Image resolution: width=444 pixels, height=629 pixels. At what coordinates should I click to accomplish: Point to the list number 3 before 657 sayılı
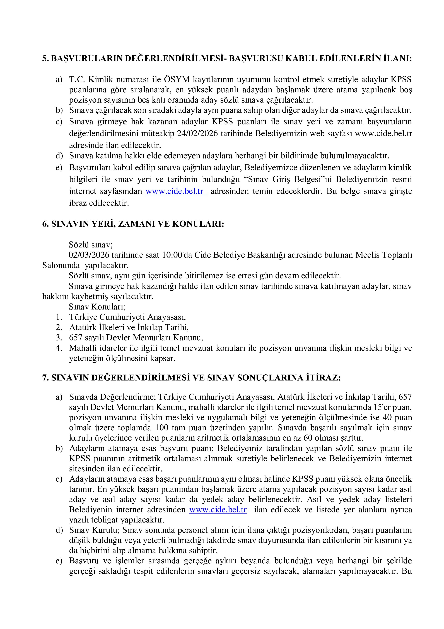(59, 338)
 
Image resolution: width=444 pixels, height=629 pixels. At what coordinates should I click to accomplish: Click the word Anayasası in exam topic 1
(167, 317)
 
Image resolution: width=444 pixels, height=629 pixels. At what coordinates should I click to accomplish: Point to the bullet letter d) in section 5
(59, 156)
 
